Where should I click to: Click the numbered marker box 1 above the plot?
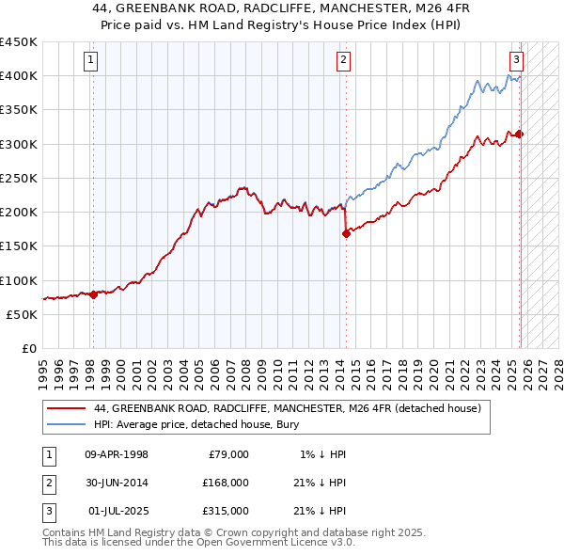tap(91, 60)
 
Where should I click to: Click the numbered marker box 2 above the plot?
tap(343, 60)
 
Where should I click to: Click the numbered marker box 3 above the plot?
tap(517, 60)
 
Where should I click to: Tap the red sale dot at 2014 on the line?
tap(346, 234)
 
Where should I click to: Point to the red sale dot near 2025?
tap(520, 134)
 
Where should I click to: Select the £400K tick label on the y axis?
tap(18, 76)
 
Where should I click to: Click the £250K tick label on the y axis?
tap(18, 178)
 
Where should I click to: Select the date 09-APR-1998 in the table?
tap(117, 454)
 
